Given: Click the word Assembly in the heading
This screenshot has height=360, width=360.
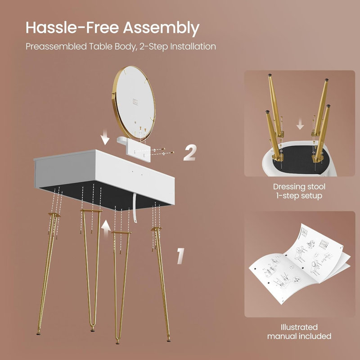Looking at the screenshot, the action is pyautogui.click(x=161, y=28).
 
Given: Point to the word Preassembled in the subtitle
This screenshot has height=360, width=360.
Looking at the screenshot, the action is pyautogui.click(x=56, y=46).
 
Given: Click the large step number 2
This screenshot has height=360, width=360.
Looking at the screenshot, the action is pyautogui.click(x=190, y=152).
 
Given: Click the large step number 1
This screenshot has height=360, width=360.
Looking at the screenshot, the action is pyautogui.click(x=180, y=256).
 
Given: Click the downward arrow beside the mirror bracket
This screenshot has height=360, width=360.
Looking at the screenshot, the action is pyautogui.click(x=105, y=137).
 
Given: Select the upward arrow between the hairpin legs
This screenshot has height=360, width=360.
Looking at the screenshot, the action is pyautogui.click(x=106, y=229).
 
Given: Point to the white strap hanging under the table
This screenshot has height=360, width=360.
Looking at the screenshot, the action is pyautogui.click(x=135, y=208).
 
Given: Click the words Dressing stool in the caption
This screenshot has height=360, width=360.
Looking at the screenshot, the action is pyautogui.click(x=299, y=187).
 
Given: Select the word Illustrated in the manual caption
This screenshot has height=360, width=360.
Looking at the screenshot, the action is pyautogui.click(x=299, y=327).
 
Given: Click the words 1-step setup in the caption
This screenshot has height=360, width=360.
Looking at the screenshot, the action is pyautogui.click(x=299, y=196).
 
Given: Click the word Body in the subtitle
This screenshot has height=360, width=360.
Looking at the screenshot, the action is pyautogui.click(x=125, y=47).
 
